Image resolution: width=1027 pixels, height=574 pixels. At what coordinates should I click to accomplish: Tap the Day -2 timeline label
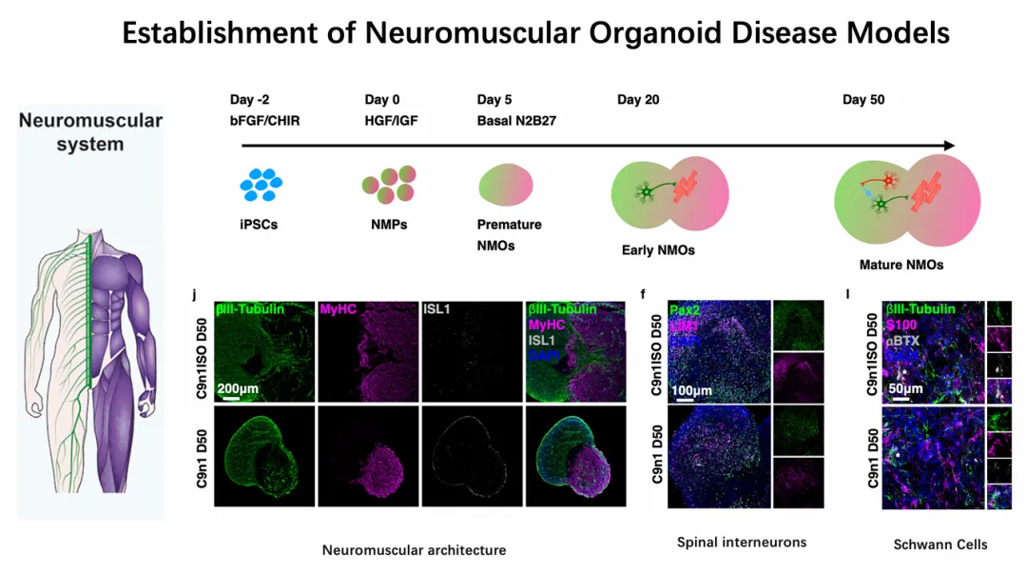click(x=250, y=101)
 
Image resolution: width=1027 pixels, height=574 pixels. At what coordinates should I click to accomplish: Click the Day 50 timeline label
click(x=863, y=101)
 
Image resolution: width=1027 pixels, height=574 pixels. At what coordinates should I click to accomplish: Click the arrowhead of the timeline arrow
click(x=948, y=146)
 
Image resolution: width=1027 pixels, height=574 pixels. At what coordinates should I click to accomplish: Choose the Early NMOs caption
click(x=651, y=250)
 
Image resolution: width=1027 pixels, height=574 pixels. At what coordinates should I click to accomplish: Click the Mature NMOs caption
click(x=887, y=265)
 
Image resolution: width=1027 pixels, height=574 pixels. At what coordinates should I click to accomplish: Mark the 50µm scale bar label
click(x=904, y=389)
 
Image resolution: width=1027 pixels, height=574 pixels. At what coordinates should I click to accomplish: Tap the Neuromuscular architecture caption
click(x=414, y=550)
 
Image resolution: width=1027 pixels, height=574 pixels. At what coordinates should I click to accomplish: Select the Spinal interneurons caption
click(x=742, y=543)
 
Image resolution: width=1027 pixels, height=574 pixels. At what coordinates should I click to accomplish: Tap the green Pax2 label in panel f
click(x=685, y=309)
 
